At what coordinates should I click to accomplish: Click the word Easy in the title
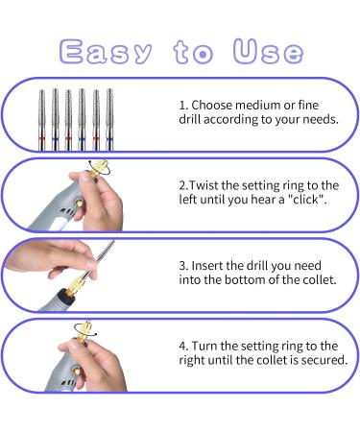[x=106, y=51]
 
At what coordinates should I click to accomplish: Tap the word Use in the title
[x=268, y=51]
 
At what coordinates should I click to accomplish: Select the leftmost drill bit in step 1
[x=42, y=120]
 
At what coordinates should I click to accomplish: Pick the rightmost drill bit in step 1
[x=109, y=119]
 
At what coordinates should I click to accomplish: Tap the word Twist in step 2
[x=204, y=185]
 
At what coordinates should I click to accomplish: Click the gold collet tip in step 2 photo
[x=100, y=167]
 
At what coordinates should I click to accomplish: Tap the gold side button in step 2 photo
[x=78, y=203]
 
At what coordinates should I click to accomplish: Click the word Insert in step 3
[x=207, y=266]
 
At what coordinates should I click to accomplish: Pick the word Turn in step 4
[x=204, y=346]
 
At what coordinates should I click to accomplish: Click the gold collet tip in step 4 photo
[x=84, y=329]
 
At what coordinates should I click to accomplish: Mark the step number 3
[x=183, y=266]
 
